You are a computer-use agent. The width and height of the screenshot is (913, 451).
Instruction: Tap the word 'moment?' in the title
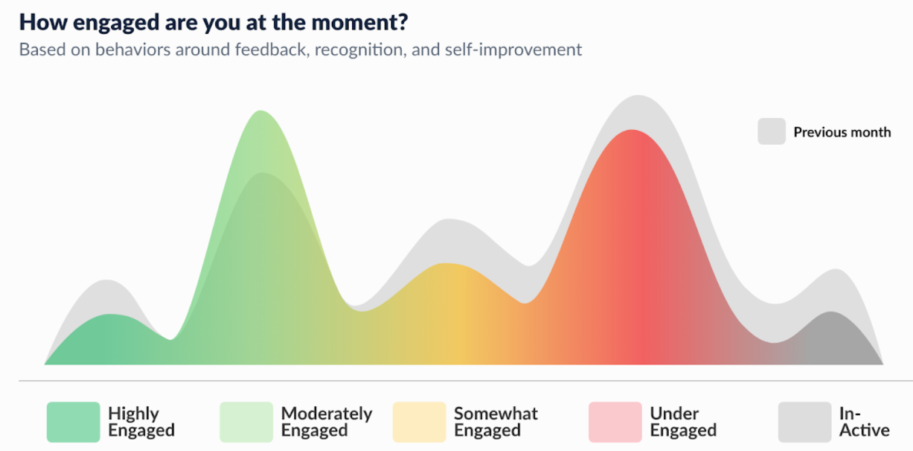[x=359, y=22]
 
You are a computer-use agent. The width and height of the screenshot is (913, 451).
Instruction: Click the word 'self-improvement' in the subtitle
[x=513, y=50]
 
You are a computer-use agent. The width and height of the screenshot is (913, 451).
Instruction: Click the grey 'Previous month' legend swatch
[x=772, y=131]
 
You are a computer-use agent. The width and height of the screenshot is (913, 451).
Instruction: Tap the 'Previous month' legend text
[x=842, y=132]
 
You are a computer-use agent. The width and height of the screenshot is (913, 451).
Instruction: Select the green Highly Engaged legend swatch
[x=74, y=422]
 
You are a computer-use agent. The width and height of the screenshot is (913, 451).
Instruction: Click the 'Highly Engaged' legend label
[x=141, y=422]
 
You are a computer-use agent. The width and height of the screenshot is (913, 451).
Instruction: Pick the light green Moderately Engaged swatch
[x=246, y=422]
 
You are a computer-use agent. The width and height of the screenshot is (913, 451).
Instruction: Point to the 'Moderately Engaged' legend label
[x=327, y=422]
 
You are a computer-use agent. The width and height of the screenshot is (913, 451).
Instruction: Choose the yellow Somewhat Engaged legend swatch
[x=419, y=422]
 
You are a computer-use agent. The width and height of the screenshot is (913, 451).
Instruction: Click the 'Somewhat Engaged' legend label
[x=496, y=422]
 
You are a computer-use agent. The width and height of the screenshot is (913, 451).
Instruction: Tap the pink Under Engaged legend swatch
[x=615, y=422]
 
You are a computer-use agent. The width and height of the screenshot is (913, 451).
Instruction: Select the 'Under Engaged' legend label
[x=684, y=422]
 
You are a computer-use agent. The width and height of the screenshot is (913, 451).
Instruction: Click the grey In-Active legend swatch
[x=805, y=422]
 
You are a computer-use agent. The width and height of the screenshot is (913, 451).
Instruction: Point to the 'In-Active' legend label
[x=865, y=422]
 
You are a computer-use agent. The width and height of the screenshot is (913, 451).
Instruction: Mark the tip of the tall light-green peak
[x=260, y=111]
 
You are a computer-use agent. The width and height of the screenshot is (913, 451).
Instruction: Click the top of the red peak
[x=632, y=130]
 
